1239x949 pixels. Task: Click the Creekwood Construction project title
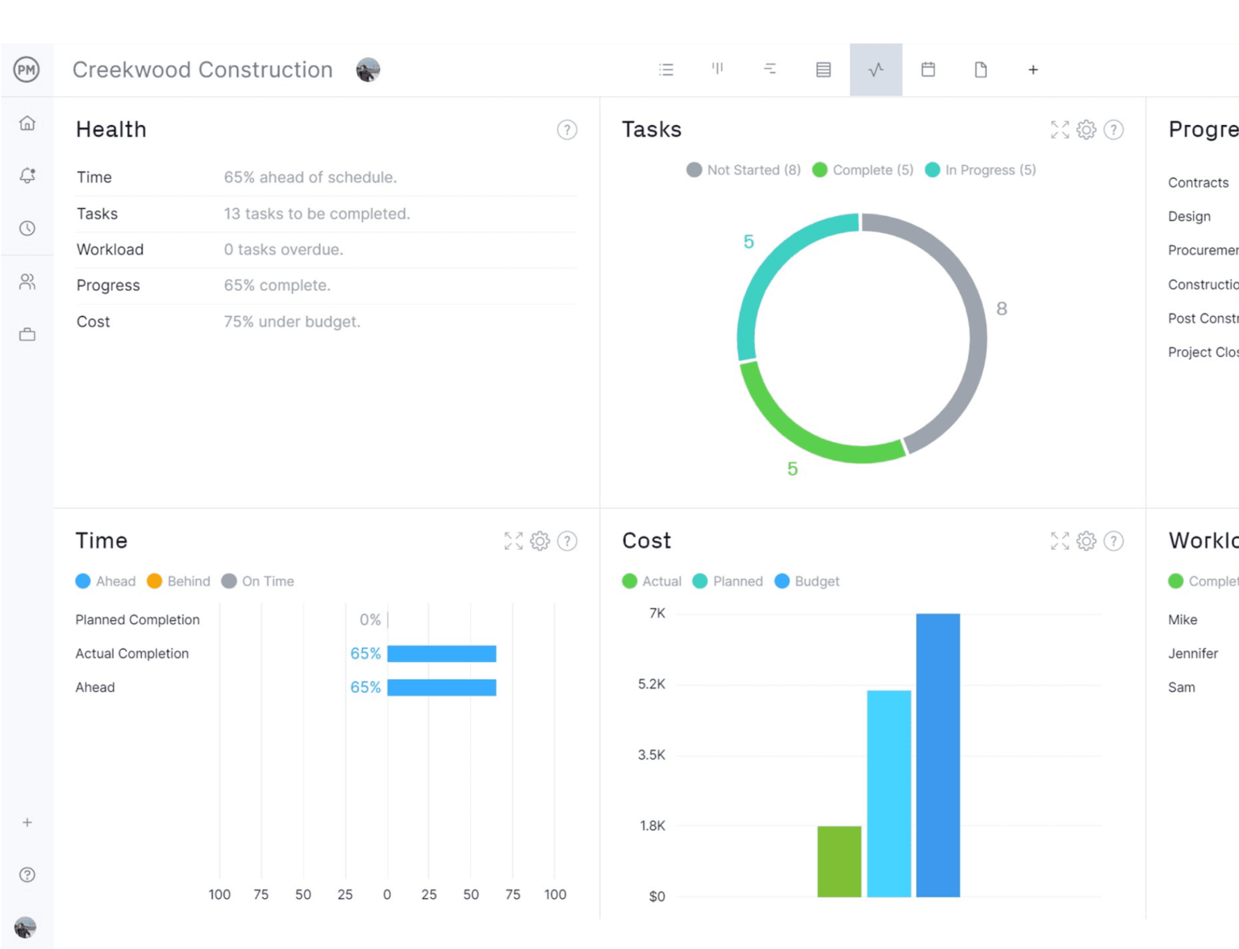coord(202,70)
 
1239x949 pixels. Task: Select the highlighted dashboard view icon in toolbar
coord(875,70)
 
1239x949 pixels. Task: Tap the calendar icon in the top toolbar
coord(928,70)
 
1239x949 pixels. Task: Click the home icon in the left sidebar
coord(27,123)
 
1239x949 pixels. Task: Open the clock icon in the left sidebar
coord(27,228)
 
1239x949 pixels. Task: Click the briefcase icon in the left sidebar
coord(27,335)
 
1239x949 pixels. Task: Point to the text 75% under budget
coord(292,322)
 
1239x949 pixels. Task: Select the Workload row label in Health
coord(110,250)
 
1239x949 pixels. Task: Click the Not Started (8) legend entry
coord(744,170)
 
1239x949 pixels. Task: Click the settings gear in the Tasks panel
coord(1087,130)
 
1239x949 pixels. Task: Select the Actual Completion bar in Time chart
coord(441,654)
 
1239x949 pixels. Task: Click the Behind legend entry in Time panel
coord(179,581)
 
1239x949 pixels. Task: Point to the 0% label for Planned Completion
coord(369,620)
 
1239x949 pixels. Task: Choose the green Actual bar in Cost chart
coord(839,861)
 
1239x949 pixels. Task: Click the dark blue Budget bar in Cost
coord(937,755)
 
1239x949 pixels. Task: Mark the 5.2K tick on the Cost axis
coord(652,685)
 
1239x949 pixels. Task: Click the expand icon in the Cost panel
coord(1060,541)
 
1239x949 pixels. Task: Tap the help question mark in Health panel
coord(567,130)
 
